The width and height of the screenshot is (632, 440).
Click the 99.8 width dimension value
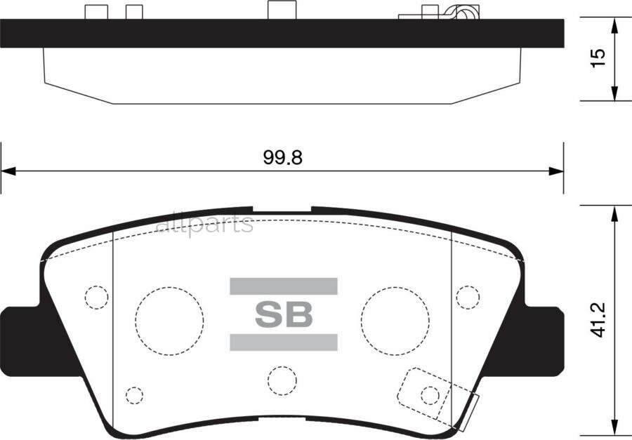pos(283,157)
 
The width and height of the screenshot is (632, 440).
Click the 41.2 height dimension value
pos(598,321)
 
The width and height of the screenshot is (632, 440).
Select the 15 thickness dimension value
pos(598,59)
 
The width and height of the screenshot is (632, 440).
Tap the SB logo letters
pos(284,314)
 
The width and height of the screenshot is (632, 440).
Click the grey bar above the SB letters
pos(284,286)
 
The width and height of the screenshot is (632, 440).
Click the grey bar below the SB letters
pos(284,342)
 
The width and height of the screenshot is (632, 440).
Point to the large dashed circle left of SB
pos(169,320)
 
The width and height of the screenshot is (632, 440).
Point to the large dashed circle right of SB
pos(395,320)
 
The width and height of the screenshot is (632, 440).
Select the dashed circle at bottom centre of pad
pos(282,380)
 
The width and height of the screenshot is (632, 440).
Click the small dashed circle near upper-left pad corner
pos(96,297)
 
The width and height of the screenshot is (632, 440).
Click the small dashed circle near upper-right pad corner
pos(468,297)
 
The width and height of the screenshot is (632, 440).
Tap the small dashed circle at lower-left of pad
pos(134,395)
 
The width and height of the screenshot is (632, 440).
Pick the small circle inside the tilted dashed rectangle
pos(429,395)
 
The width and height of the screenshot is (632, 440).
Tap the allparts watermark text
pos(204,225)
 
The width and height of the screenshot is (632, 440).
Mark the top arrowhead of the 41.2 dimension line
pos(615,211)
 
